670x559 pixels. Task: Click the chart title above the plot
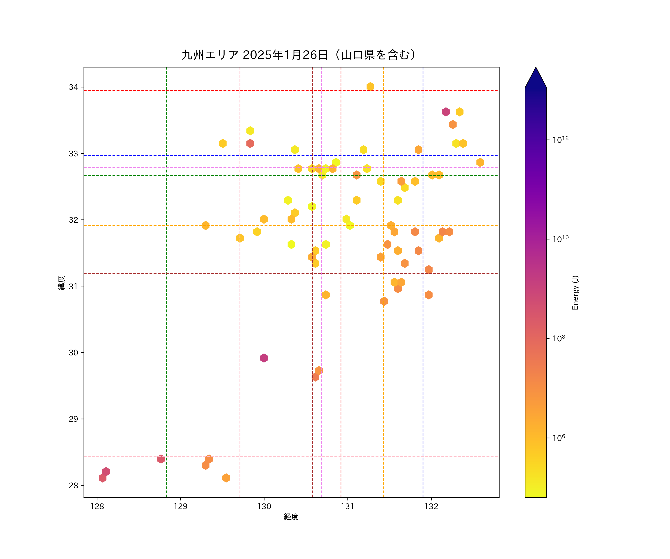299,55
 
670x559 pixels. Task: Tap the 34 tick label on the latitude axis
73,87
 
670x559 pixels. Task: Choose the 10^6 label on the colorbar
559,438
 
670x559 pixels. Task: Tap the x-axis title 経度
291,517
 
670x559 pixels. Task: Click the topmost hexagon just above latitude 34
370,87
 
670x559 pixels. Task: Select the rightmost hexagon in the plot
480,162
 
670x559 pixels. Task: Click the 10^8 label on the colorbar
559,338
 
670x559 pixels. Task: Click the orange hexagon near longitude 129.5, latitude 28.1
226,478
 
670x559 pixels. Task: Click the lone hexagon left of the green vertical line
161,459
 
